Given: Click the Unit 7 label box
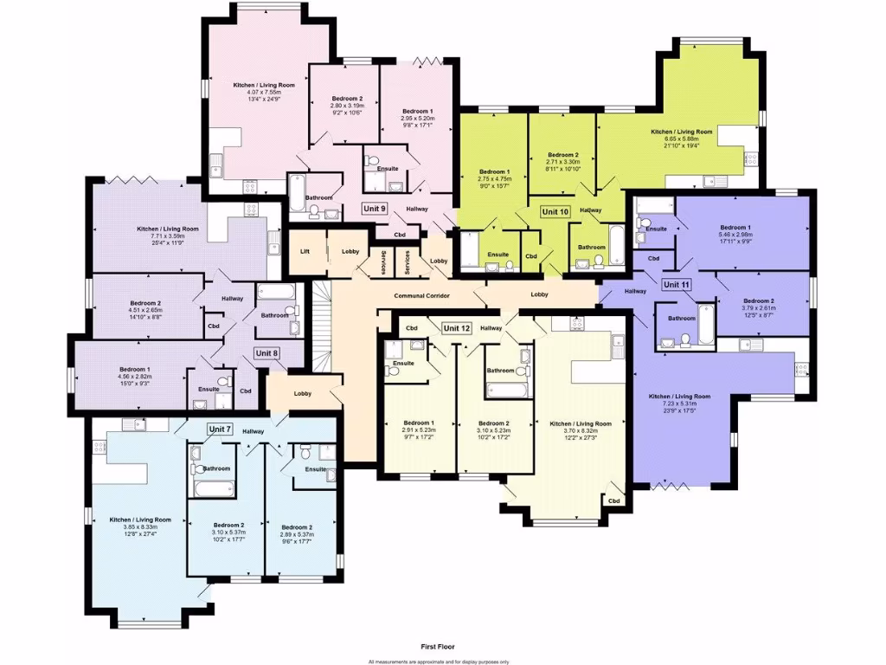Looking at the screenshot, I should pos(221,429).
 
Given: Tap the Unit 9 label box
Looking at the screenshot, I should pos(374,209).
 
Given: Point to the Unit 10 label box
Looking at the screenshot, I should pos(555,211).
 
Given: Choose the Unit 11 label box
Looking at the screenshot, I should pos(677,284).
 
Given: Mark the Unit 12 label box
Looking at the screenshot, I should pos(456,328).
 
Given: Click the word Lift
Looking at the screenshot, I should pos(305,251).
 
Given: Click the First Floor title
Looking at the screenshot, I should pos(439,646).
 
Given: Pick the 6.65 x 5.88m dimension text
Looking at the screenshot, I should pos(681,139).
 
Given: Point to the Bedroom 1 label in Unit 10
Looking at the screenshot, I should pos(495,171).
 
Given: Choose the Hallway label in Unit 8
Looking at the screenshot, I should pos(231,299).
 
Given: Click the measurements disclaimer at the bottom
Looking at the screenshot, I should pos(439,661).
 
